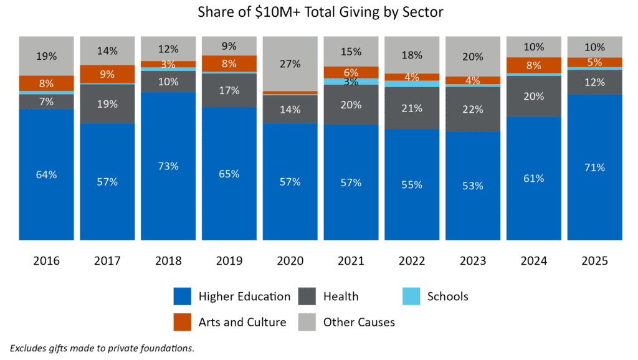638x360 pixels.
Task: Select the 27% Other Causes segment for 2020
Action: tap(290, 64)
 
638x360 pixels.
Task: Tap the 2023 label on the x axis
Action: tap(473, 260)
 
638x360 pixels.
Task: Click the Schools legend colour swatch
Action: tap(411, 296)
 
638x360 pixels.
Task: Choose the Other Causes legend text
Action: tap(359, 322)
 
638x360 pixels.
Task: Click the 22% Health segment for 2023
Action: tap(473, 109)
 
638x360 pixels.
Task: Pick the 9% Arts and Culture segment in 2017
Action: tap(107, 74)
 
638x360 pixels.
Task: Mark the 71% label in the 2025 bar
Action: tap(594, 167)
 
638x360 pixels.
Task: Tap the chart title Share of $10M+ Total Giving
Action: tap(320, 12)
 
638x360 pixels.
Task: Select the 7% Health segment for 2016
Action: tap(46, 102)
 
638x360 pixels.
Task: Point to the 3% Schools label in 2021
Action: tap(351, 82)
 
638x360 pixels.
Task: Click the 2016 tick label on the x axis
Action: tap(46, 260)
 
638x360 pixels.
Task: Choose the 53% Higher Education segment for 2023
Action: tap(473, 186)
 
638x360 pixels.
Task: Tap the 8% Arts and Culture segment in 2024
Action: tap(533, 65)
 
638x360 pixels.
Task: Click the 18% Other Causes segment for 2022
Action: tap(412, 55)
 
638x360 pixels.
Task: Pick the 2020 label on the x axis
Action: tap(290, 260)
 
